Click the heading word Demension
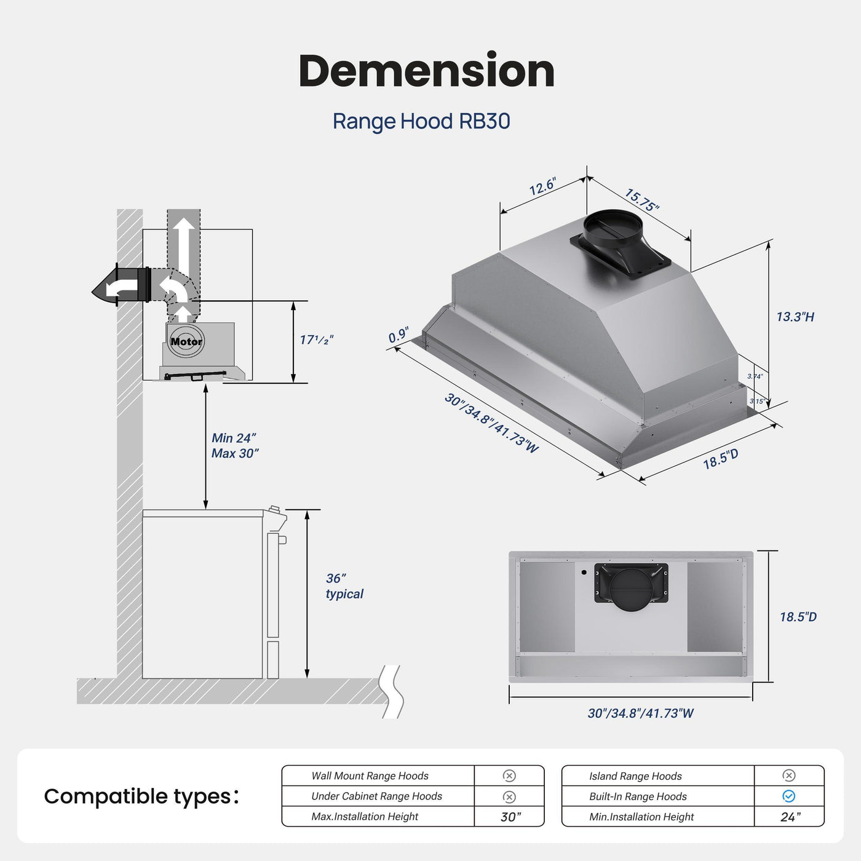coord(427,71)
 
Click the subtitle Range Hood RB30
coord(421,121)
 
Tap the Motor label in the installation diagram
coord(186,341)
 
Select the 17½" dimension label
coord(317,339)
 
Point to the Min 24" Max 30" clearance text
coord(234,446)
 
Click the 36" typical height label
coord(344,586)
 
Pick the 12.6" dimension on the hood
coord(542,187)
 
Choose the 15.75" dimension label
coord(641,200)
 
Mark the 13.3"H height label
coord(795,317)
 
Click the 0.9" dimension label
coord(399,336)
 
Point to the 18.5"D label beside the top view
coord(798,617)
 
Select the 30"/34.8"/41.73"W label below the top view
coord(640,713)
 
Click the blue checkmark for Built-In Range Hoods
coord(788,796)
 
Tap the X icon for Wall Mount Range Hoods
coord(509,776)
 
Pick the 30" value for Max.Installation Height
coord(510,817)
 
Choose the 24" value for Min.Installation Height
coord(790,817)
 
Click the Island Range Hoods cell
coord(635,776)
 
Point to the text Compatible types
coord(141,796)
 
